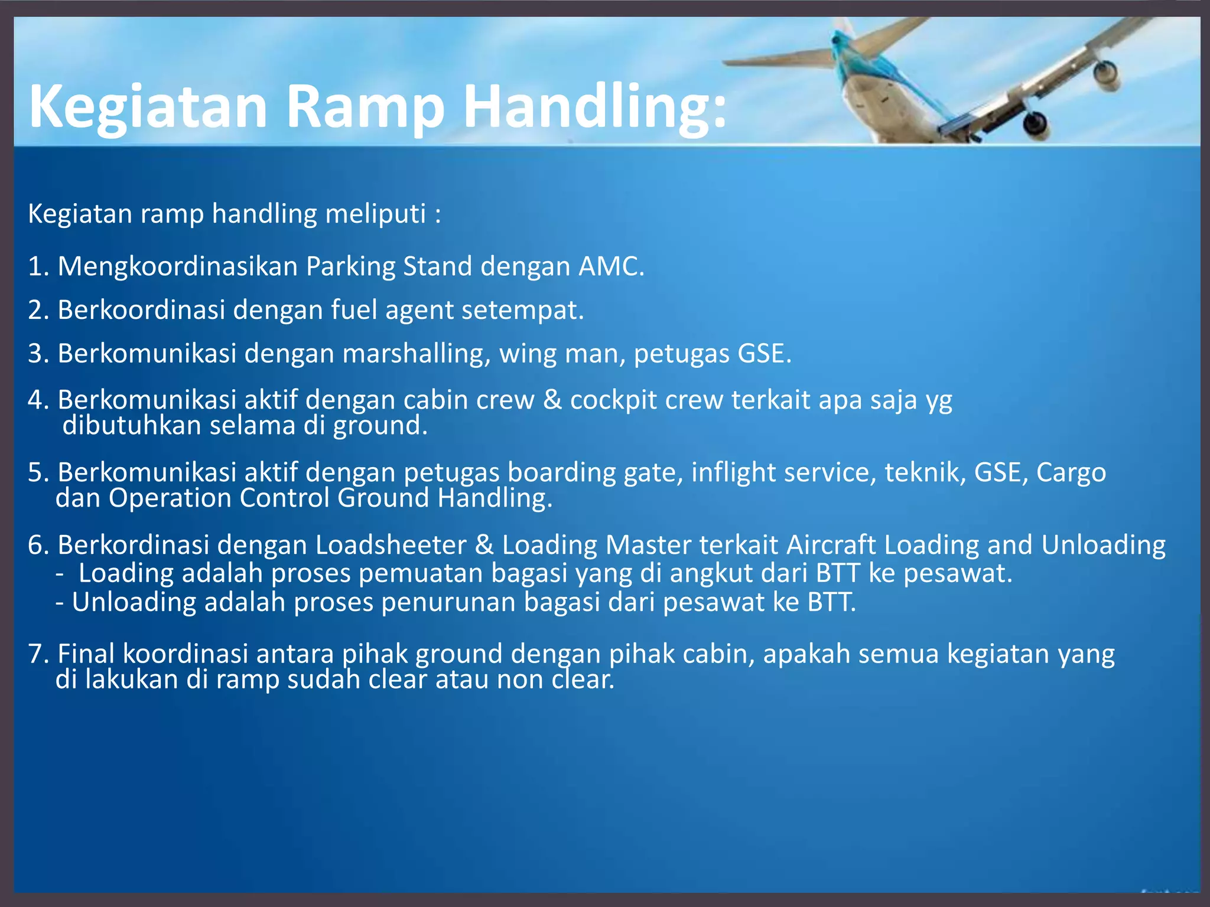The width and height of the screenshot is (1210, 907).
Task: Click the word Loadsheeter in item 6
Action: pyautogui.click(x=391, y=545)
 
